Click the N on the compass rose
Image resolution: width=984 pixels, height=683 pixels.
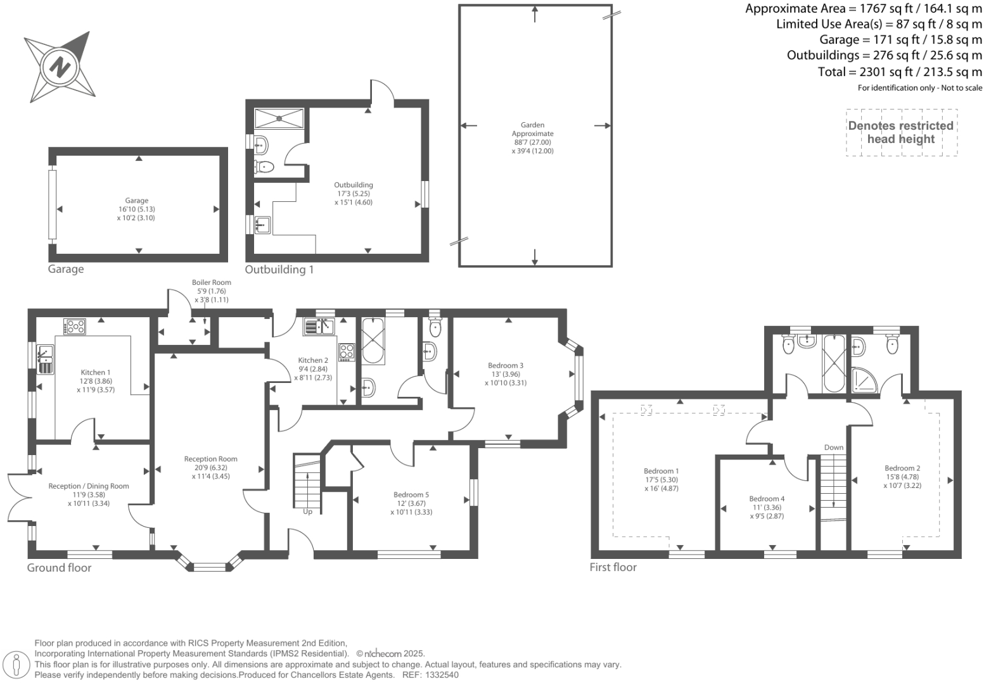point(60,66)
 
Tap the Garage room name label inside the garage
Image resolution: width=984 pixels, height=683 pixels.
point(136,201)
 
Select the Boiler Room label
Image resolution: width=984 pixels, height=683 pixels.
point(212,282)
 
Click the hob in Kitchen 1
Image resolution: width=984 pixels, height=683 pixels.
point(75,327)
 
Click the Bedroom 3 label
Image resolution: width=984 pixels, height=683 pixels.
point(506,365)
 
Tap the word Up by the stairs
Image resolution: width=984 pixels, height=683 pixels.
point(307,511)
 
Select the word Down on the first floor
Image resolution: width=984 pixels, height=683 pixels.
point(834,447)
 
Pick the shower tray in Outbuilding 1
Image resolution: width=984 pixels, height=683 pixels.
point(279,118)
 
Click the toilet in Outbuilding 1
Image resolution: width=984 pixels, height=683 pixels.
point(264,167)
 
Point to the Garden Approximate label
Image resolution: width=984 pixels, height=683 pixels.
point(533,129)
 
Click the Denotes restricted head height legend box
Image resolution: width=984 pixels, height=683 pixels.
point(901,132)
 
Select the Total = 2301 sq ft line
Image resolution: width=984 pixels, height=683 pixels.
point(900,72)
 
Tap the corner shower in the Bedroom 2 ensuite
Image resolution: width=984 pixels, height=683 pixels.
point(862,379)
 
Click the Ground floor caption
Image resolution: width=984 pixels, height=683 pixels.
point(59,568)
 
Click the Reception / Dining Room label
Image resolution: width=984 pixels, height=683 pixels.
point(89,486)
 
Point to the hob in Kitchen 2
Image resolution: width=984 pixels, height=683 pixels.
point(347,351)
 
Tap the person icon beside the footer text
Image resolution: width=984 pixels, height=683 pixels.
point(17,665)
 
